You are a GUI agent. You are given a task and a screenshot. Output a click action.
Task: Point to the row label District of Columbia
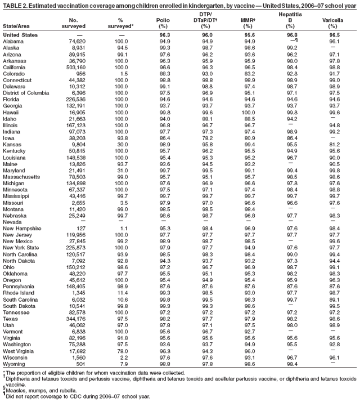tap(28, 92)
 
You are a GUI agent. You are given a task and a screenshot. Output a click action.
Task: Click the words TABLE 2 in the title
tap(15, 5)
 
